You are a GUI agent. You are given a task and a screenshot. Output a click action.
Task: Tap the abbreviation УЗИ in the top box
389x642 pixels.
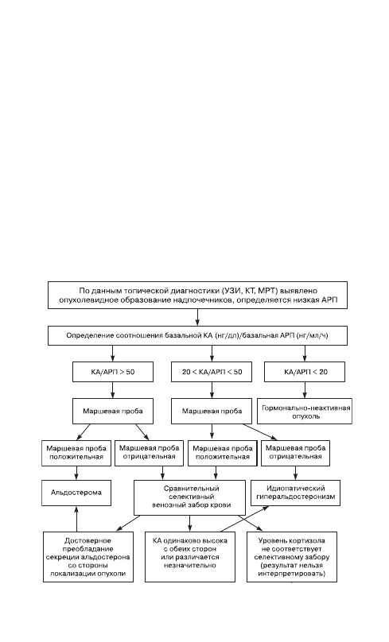(x=231, y=291)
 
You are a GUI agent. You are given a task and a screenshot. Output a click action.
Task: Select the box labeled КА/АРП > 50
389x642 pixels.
(x=113, y=372)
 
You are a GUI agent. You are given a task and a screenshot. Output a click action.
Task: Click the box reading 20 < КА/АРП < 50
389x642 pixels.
(x=212, y=372)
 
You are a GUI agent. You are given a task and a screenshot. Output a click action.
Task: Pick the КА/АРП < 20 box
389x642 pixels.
(x=305, y=372)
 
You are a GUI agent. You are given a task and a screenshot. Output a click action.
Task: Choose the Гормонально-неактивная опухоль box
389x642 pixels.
(x=305, y=412)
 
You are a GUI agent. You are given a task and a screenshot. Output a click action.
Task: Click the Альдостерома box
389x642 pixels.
(x=76, y=493)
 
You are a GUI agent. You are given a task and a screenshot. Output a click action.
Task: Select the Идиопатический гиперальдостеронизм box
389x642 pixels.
(x=296, y=493)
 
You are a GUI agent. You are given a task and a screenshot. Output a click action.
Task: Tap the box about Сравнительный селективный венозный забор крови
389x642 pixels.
(x=190, y=497)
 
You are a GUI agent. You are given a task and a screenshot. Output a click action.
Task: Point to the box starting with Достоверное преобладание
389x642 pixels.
(x=88, y=557)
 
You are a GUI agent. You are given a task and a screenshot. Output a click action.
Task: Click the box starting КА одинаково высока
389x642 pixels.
(x=190, y=557)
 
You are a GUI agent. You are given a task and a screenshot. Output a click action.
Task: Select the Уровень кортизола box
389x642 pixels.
(x=292, y=557)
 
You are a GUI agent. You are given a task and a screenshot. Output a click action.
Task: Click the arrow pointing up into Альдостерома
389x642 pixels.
(x=76, y=519)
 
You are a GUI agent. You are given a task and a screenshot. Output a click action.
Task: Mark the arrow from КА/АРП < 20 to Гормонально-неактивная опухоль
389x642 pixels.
(x=305, y=390)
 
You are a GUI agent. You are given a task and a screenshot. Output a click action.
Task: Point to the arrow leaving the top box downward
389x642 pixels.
(x=197, y=317)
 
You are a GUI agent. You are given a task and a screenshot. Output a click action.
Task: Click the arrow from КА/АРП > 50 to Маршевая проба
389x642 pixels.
(x=113, y=390)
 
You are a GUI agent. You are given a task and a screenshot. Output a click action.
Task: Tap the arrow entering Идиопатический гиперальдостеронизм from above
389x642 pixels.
(x=296, y=473)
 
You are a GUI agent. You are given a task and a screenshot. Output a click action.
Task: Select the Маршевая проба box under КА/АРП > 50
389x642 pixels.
(x=113, y=411)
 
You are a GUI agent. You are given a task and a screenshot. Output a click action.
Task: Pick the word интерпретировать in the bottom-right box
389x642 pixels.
(x=291, y=574)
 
